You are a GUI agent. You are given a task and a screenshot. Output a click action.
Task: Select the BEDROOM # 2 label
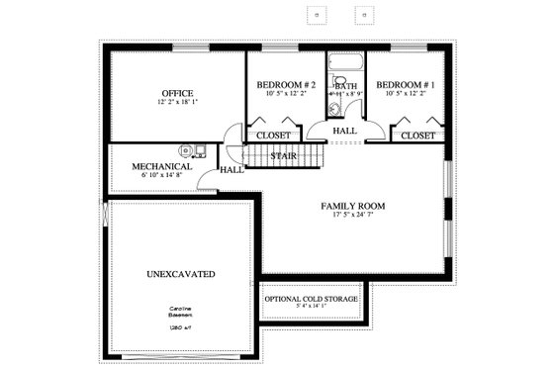tap(286, 85)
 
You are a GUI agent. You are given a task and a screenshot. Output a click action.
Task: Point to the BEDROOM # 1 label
tap(405, 85)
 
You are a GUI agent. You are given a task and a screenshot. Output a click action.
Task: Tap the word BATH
tap(346, 86)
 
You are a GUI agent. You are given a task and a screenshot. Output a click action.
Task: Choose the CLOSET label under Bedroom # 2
tap(273, 135)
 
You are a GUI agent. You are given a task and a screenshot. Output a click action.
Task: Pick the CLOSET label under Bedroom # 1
tap(418, 135)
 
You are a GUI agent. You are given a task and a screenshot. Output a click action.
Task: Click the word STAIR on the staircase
tap(286, 155)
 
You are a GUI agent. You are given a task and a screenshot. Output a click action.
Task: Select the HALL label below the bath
tap(344, 130)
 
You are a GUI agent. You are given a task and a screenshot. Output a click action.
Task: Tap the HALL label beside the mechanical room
tap(231, 169)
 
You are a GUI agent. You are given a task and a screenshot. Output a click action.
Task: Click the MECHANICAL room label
tap(161, 166)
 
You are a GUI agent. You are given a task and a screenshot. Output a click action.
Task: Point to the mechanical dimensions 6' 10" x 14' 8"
tap(161, 176)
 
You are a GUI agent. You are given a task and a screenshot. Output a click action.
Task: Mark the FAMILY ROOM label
tap(352, 206)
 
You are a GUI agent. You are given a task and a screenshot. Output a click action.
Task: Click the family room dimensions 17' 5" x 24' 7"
tap(352, 216)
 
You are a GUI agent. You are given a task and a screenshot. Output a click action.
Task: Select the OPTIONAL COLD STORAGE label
tap(311, 298)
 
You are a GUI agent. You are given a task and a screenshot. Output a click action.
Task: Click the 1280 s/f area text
tap(179, 325)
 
